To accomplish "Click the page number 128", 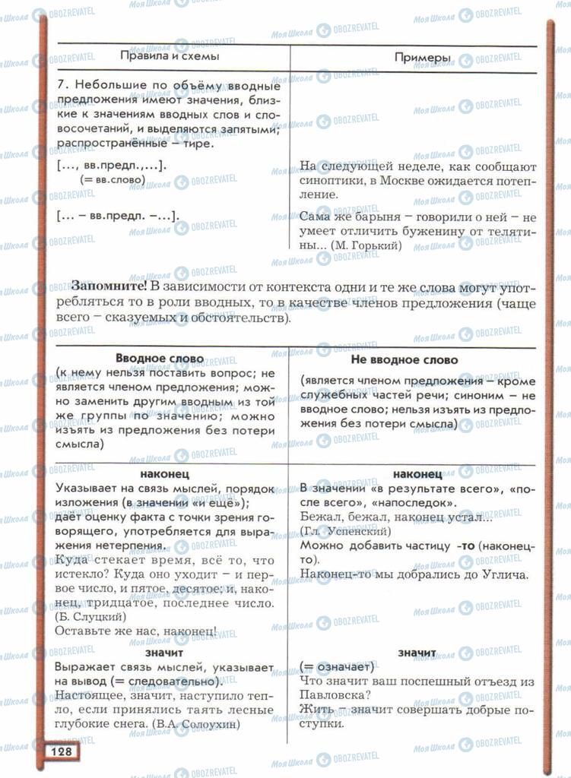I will (x=62, y=751).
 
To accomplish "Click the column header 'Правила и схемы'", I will (x=170, y=57).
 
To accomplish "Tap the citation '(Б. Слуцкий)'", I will (x=87, y=616).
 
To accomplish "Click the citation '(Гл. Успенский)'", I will (x=346, y=530).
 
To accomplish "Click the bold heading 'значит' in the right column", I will (x=416, y=653).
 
